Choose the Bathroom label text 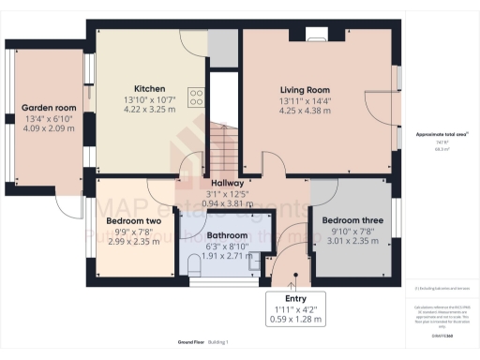227,235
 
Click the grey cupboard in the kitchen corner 222,45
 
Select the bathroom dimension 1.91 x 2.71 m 227,256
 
